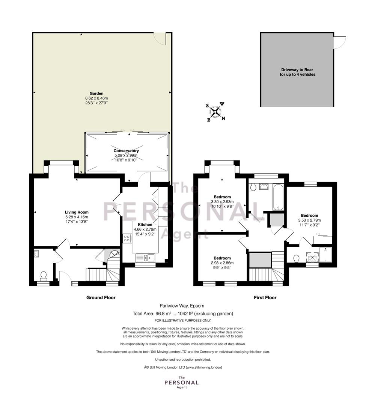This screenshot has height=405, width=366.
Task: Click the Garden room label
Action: coord(96,93)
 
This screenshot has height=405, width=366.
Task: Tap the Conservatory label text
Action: coord(126,151)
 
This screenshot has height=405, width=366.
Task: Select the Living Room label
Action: coord(77,212)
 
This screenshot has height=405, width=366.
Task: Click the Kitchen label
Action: coord(145,225)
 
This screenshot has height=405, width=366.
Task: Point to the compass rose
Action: coord(215,112)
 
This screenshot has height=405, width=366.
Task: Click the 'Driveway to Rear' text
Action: coord(297,70)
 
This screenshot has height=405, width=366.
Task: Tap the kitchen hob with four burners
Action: coord(127,238)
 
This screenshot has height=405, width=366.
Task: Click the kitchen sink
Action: coord(145,257)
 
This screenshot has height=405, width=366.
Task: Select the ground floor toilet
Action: coord(44,276)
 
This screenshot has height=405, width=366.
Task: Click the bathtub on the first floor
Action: coord(278,197)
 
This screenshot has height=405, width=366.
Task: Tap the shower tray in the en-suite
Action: coord(325,254)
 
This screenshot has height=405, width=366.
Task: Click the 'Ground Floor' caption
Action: coord(101,297)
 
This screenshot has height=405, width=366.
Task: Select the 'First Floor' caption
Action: coord(265,297)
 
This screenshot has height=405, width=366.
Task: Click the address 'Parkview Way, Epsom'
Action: coord(182,306)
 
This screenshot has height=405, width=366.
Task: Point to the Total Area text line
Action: coord(183,313)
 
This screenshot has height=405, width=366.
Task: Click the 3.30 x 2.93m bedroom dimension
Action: coord(222,202)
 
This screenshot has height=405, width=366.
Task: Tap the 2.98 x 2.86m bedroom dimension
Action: coord(222,263)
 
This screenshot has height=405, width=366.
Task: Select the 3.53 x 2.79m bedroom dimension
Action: coord(309,220)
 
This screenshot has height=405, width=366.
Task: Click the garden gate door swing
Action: coord(160,39)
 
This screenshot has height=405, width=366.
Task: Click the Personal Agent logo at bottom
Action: coord(181,382)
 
